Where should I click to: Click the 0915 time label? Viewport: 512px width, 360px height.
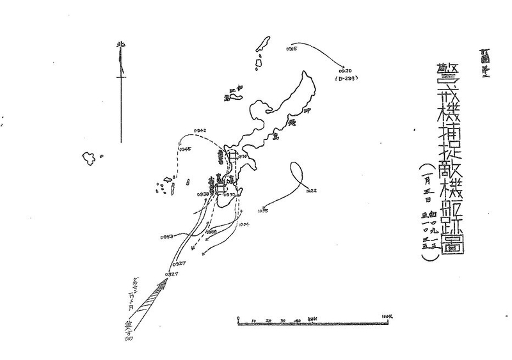tap(291, 49)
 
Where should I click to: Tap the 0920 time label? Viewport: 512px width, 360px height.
tap(346, 70)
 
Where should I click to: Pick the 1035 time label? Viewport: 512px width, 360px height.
tap(263, 210)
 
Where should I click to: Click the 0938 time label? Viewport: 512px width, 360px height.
tap(204, 194)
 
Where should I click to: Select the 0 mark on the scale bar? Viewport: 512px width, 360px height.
tap(237, 318)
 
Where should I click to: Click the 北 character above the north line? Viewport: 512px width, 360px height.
tap(120, 45)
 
